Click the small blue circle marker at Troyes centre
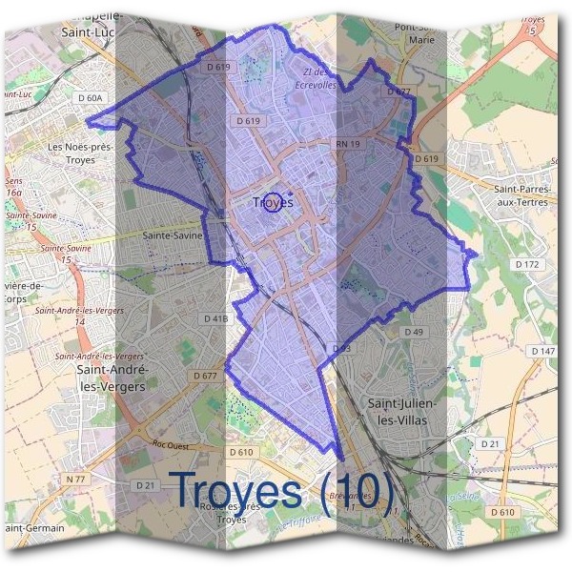(272, 202)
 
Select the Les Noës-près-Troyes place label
(80, 153)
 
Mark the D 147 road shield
(542, 352)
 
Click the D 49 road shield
(413, 332)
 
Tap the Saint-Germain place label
(34, 527)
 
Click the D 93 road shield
(340, 349)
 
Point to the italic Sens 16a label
(13, 186)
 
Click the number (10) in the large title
(357, 490)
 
